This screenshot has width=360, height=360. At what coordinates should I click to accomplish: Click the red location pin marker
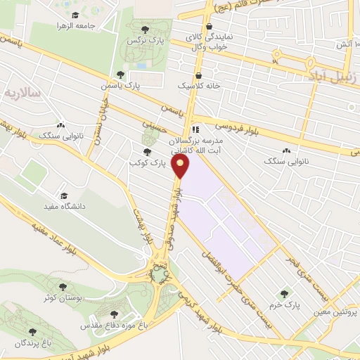click(182, 166)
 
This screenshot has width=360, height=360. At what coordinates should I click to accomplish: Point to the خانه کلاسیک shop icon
click(198, 74)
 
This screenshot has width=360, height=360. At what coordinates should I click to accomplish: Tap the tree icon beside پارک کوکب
click(146, 151)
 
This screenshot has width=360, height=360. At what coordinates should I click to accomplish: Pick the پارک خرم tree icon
click(285, 294)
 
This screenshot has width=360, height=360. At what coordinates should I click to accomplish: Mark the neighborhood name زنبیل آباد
click(335, 75)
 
